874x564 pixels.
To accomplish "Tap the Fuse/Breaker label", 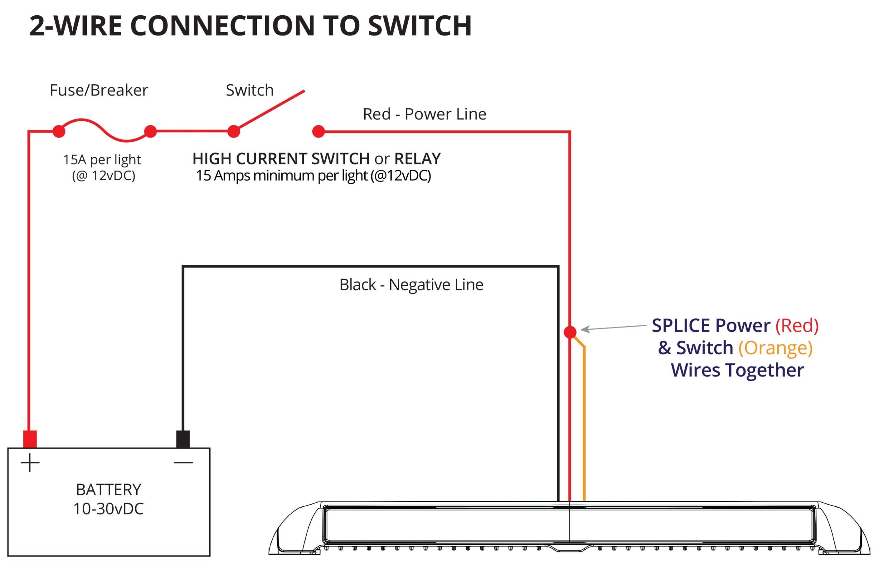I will click(x=99, y=90).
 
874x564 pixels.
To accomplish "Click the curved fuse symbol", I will click(x=104, y=130).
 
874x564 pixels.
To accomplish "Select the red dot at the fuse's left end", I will click(x=59, y=131).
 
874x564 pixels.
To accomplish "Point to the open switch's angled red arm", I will click(x=269, y=111).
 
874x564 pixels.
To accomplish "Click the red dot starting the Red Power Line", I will click(x=319, y=131).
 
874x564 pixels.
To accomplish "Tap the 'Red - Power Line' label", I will click(x=424, y=114).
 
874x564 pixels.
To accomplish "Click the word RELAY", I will click(x=417, y=159).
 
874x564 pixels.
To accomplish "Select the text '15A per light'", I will click(x=102, y=160).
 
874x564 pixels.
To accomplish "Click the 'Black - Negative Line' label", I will click(x=411, y=285).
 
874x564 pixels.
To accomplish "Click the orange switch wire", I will click(x=584, y=421).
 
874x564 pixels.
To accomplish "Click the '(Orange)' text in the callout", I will click(x=775, y=348).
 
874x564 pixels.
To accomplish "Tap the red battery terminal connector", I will click(x=30, y=439).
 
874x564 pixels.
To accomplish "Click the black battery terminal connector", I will click(x=183, y=439).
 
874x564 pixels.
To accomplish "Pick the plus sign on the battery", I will click(x=30, y=463).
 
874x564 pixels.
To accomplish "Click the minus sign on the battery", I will click(x=183, y=463).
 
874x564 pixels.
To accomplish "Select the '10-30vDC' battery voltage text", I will click(x=109, y=509).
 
